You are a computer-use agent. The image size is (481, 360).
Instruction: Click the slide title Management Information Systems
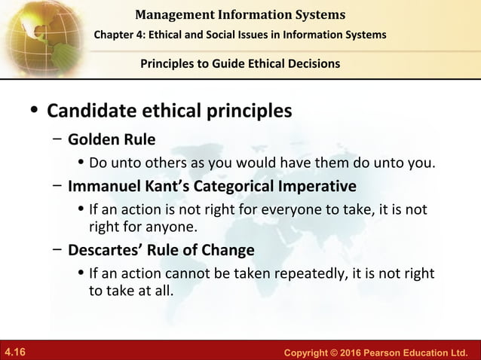click(240, 14)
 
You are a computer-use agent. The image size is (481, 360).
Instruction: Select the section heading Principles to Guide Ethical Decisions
click(240, 63)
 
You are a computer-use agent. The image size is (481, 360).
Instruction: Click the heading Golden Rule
click(112, 140)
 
